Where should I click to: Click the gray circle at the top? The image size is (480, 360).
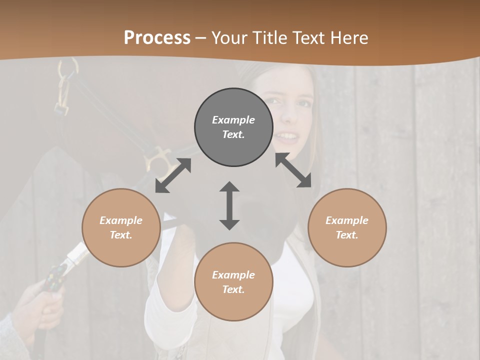pos(233,127)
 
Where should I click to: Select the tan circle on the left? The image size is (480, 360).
pos(121,227)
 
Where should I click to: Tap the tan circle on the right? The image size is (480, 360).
pos(347,227)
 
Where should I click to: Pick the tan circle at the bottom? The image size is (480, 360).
pos(233,282)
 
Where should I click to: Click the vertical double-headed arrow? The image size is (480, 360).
pos(229,205)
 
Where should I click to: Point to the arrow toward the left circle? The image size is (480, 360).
pos(173,175)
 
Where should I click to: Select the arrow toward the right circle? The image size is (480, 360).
pos(293,170)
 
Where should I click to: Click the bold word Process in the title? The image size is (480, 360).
pos(157,37)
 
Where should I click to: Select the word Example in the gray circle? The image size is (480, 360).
pos(233,120)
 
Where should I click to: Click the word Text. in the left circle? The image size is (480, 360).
pos(121,235)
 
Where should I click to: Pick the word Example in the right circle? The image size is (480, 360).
pos(347,220)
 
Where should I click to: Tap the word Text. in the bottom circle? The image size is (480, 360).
pos(233,289)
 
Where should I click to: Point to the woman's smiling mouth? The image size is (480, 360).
pos(286,135)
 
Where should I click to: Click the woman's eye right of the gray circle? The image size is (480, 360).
pos(304,104)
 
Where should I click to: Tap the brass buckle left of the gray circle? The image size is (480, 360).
pos(156,159)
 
